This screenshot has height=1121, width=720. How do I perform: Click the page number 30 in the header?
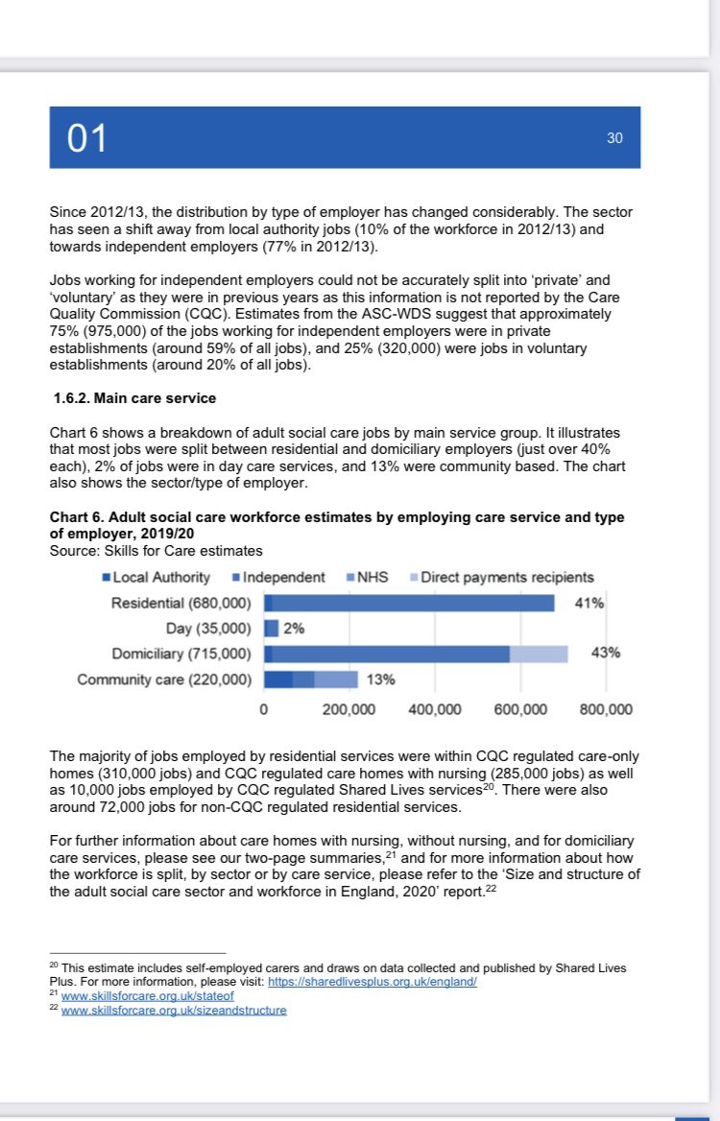(614, 138)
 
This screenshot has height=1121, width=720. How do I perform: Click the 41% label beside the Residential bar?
(588, 603)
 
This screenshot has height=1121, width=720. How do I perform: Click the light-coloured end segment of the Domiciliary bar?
(539, 654)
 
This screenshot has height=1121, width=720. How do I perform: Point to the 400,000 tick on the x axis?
(435, 710)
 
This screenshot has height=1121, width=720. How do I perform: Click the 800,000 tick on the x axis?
(606, 710)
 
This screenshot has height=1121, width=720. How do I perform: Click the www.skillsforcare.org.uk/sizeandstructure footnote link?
(174, 1011)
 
